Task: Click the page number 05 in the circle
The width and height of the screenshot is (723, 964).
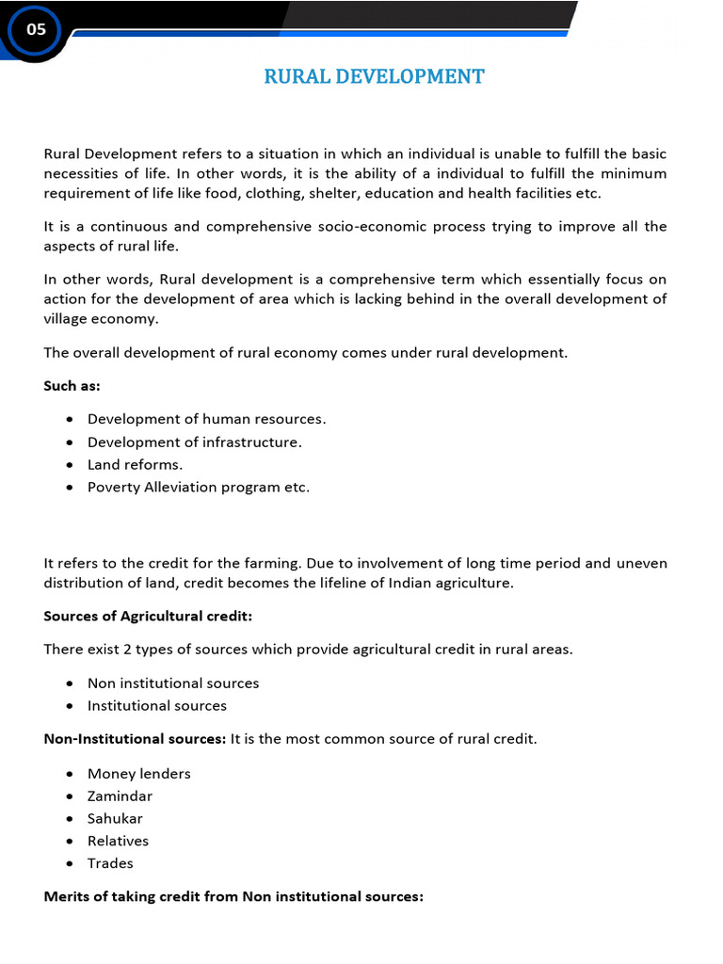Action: (36, 30)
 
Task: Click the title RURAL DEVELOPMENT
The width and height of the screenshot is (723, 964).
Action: (374, 77)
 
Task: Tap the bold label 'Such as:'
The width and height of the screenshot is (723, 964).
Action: (72, 386)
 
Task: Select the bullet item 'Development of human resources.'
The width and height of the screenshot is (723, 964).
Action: (206, 419)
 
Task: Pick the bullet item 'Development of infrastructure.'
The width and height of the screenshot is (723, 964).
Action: (194, 442)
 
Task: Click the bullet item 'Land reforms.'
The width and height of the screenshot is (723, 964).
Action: (135, 464)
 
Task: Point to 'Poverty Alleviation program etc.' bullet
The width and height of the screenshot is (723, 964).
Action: (198, 487)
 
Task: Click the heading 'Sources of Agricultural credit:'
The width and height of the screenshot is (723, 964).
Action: (148, 616)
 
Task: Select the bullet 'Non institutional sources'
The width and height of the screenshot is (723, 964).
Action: (172, 683)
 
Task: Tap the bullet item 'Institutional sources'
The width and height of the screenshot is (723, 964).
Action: (156, 705)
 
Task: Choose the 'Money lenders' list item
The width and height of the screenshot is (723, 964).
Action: (138, 773)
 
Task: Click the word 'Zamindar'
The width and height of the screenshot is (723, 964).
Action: (120, 795)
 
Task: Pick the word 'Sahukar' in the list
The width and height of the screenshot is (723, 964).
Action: (115, 818)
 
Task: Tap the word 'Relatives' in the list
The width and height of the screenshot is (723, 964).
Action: (118, 841)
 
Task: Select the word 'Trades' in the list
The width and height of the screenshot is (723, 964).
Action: (110, 863)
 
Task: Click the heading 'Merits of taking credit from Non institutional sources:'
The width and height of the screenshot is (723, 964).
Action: (233, 897)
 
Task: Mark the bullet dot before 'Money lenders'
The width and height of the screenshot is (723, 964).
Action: (71, 774)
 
